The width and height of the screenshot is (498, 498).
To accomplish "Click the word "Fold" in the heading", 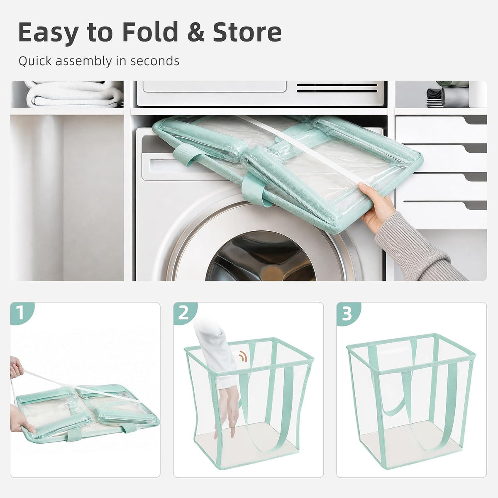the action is tap(150, 32).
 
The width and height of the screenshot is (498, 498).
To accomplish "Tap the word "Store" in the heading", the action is tap(247, 32).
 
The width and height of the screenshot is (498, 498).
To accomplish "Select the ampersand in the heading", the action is tap(195, 32).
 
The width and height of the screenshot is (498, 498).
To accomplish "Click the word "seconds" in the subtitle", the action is tap(154, 61).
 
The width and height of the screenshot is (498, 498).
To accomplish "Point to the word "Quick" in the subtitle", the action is tap(35, 61).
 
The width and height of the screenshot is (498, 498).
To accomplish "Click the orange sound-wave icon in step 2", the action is tap(243, 356).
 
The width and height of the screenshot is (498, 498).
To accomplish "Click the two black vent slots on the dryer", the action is tap(337, 88).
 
